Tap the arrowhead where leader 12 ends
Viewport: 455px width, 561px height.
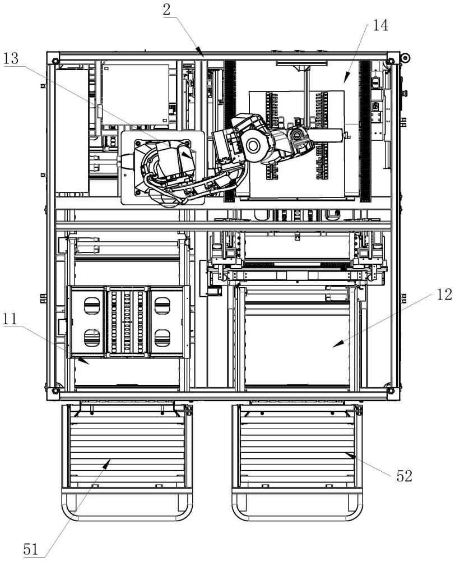point(335,347)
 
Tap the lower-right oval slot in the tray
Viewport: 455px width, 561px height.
point(162,337)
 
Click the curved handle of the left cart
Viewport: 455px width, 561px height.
point(127,511)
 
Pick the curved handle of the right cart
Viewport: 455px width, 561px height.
point(297,511)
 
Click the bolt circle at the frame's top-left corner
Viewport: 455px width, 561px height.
point(54,59)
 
